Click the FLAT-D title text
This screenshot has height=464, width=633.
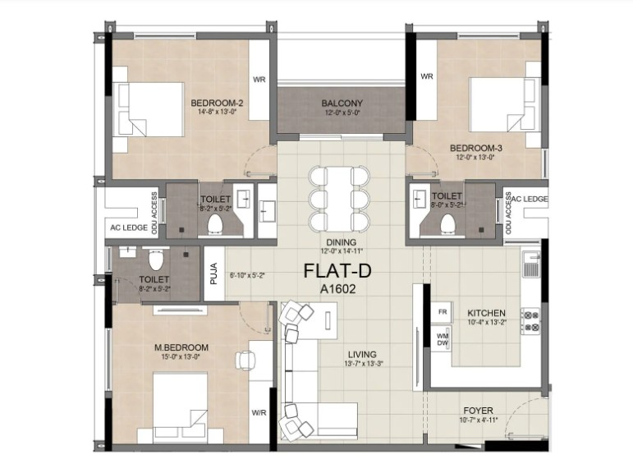(x=337, y=270)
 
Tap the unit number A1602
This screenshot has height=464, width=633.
(x=338, y=289)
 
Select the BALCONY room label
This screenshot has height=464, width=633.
(x=342, y=103)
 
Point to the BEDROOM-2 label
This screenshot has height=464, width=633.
(x=218, y=103)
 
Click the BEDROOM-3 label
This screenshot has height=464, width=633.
(x=476, y=148)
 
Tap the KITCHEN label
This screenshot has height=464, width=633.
(x=487, y=313)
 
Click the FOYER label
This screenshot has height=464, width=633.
(x=478, y=411)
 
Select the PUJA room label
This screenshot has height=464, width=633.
(x=214, y=273)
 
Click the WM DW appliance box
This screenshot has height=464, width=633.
(x=443, y=339)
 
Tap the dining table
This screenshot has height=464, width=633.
(x=339, y=199)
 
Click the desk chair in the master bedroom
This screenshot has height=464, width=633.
(x=245, y=360)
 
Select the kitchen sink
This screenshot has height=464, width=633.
(x=531, y=264)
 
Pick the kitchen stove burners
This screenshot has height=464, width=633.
(x=530, y=320)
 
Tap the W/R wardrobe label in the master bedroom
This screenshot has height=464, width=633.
(x=259, y=413)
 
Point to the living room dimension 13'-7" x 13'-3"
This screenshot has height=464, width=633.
(x=364, y=364)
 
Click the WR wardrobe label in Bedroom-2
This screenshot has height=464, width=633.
(x=259, y=80)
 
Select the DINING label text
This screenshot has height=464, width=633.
(x=342, y=242)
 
